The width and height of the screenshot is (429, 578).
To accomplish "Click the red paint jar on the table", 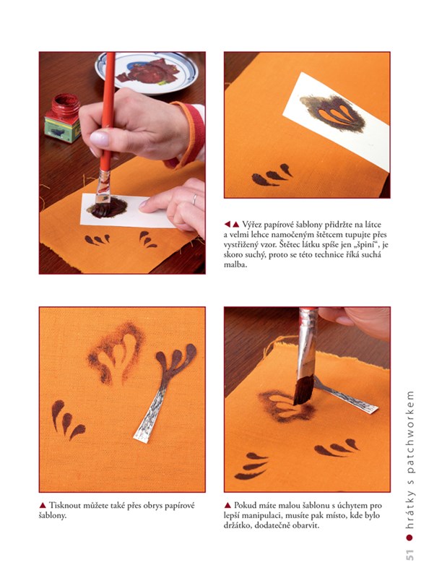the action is [63, 118].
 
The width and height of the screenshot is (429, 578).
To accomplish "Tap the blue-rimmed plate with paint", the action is [147, 73].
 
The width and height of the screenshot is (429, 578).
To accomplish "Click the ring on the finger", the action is [194, 199].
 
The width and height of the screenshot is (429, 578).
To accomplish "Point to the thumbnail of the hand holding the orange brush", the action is [100, 139].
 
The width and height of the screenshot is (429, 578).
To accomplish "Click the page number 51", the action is [409, 554].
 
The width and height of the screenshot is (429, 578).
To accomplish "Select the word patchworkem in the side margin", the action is [409, 432].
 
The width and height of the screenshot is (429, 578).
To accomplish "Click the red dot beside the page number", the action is [409, 538].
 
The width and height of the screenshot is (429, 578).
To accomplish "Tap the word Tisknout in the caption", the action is [64, 505].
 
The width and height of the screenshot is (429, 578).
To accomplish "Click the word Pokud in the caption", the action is [244, 505].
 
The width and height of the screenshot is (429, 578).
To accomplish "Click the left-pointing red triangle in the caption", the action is [227, 224].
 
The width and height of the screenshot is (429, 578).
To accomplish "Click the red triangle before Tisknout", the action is [43, 505].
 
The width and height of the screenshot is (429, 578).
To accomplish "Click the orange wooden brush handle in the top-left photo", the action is [107, 111].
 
